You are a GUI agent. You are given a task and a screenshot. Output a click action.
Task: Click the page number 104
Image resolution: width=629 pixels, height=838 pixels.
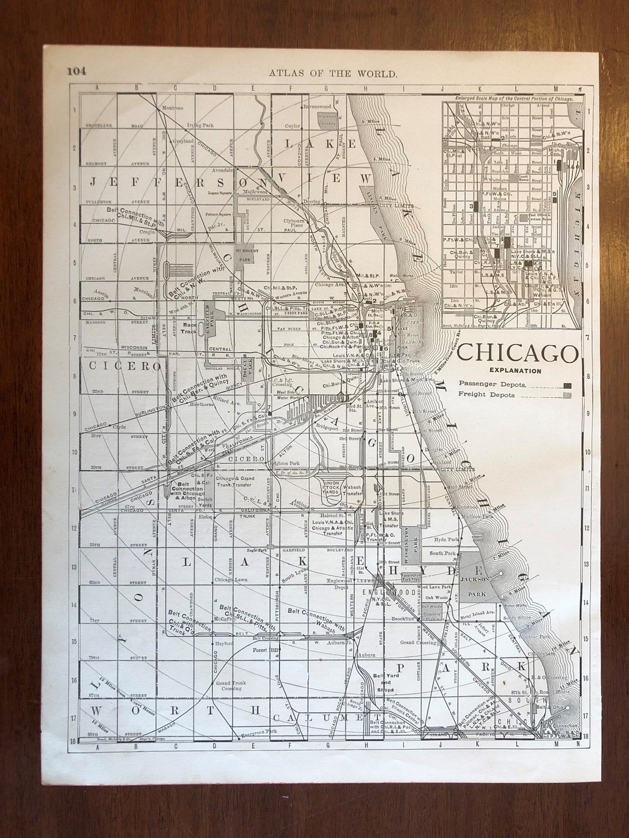[76, 72]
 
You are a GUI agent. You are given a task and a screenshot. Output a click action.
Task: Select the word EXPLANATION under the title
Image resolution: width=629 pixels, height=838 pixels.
[515, 371]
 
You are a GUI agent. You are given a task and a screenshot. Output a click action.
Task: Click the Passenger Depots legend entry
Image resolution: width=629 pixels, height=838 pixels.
[492, 384]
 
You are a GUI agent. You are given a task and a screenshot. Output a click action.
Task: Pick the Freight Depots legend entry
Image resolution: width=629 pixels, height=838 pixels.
[487, 395]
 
